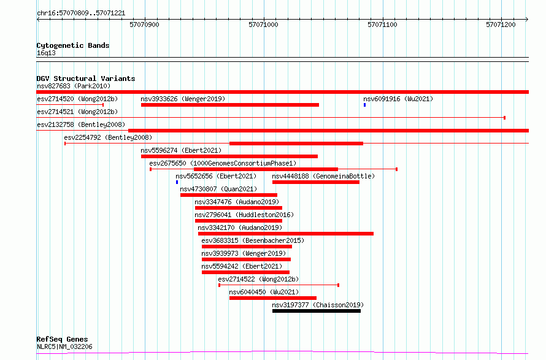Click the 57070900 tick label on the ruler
[144, 25]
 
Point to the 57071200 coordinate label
[501, 25]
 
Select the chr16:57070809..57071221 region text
[81, 13]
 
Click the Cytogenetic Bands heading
[73, 45]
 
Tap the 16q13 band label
[46, 53]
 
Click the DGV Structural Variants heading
[86, 79]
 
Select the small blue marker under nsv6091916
[364, 105]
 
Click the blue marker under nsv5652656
[177, 182]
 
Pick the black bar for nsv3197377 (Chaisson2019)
[317, 311]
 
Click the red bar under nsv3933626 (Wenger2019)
[230, 105]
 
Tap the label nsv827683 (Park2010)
[74, 86]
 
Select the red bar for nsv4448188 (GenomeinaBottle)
[316, 182]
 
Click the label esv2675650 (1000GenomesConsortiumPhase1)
[223, 163]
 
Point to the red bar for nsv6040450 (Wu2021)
[273, 298]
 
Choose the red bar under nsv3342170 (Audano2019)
[286, 234]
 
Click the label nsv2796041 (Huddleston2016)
[244, 215]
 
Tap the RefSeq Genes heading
[62, 339]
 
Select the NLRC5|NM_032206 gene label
[64, 347]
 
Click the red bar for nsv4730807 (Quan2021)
[229, 195]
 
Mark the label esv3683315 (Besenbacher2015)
[253, 240]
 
